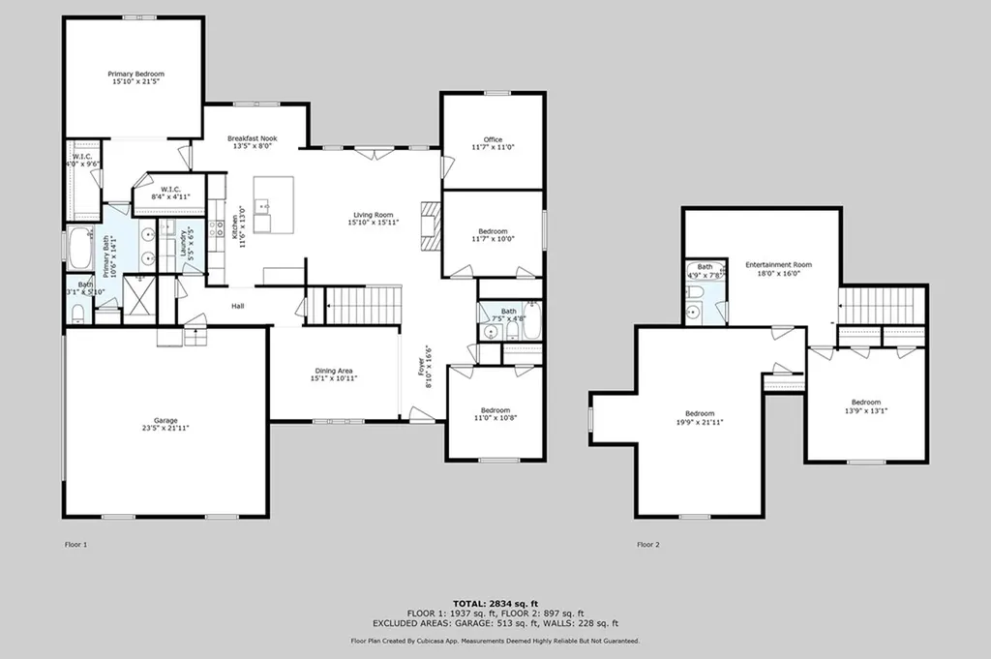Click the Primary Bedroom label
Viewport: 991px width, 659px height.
pyautogui.click(x=135, y=74)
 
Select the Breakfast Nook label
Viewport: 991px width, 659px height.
pyautogui.click(x=252, y=138)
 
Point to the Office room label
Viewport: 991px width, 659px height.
pyautogui.click(x=493, y=139)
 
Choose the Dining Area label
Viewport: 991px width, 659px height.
pyautogui.click(x=332, y=370)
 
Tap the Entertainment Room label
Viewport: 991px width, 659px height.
pyautogui.click(x=778, y=264)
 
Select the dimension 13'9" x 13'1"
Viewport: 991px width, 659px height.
pyautogui.click(x=866, y=410)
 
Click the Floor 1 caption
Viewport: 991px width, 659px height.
pyautogui.click(x=75, y=545)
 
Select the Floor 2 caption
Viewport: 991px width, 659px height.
pyautogui.click(x=647, y=545)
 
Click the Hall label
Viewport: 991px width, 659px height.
pyautogui.click(x=237, y=306)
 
